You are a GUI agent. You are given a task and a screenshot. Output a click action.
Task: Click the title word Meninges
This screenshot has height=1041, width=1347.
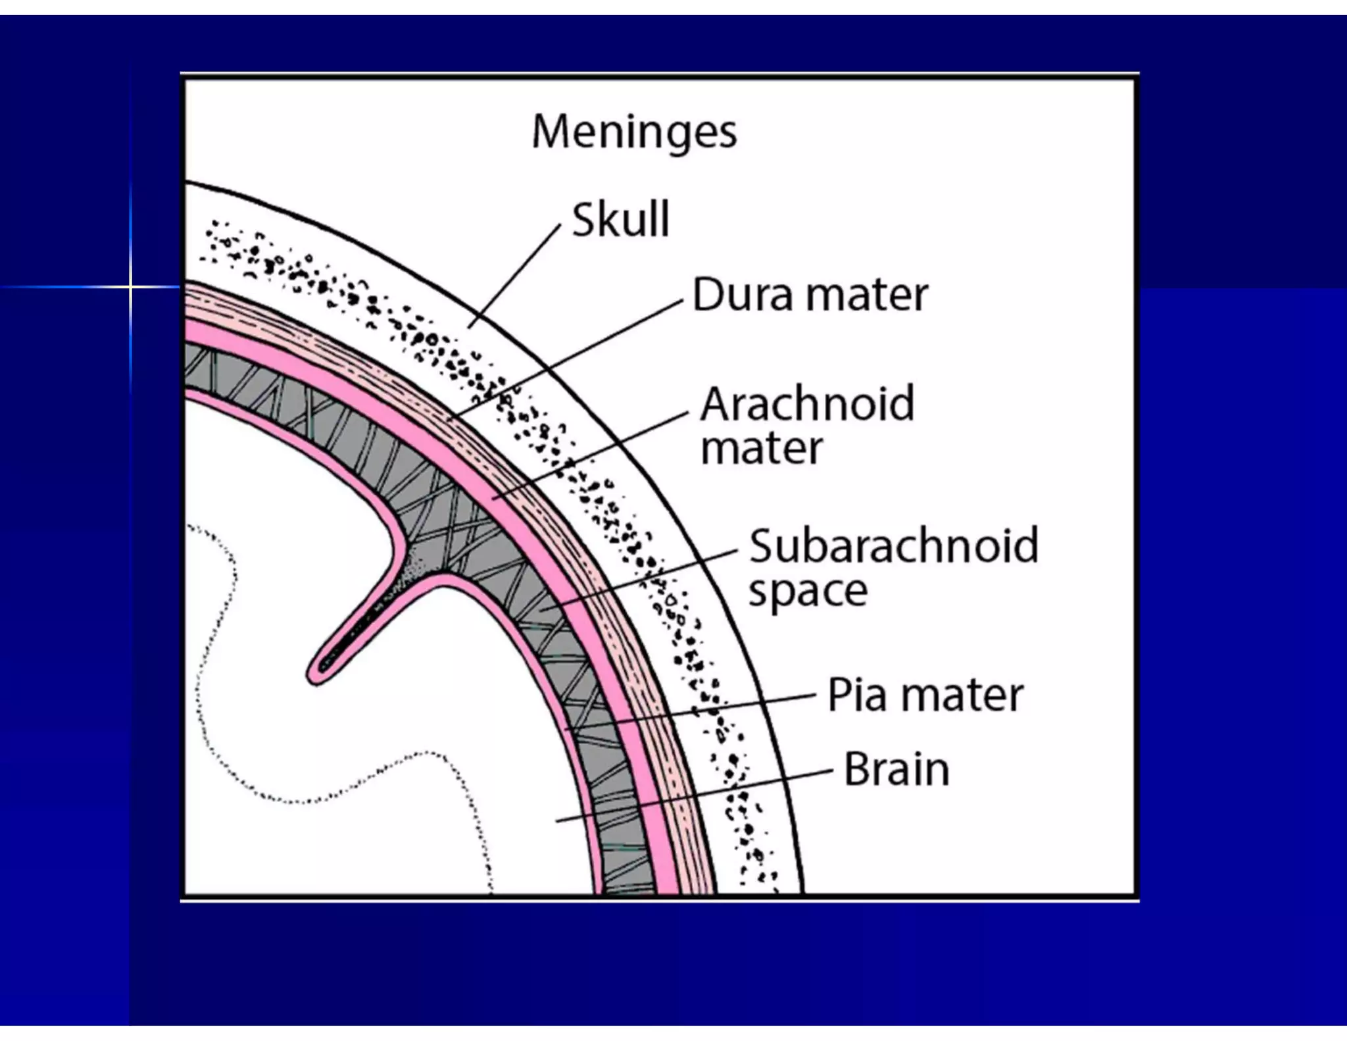tap(634, 133)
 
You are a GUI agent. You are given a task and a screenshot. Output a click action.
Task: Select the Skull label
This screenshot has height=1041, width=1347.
tap(620, 219)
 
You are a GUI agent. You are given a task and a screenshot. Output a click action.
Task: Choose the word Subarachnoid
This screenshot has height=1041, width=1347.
tap(894, 546)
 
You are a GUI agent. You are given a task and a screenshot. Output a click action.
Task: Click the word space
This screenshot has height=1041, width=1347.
tap(808, 591)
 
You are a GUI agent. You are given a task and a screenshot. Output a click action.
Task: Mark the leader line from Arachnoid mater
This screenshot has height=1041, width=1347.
tap(592, 455)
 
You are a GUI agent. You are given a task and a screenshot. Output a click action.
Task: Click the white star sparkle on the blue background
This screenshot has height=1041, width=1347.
tap(130, 287)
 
